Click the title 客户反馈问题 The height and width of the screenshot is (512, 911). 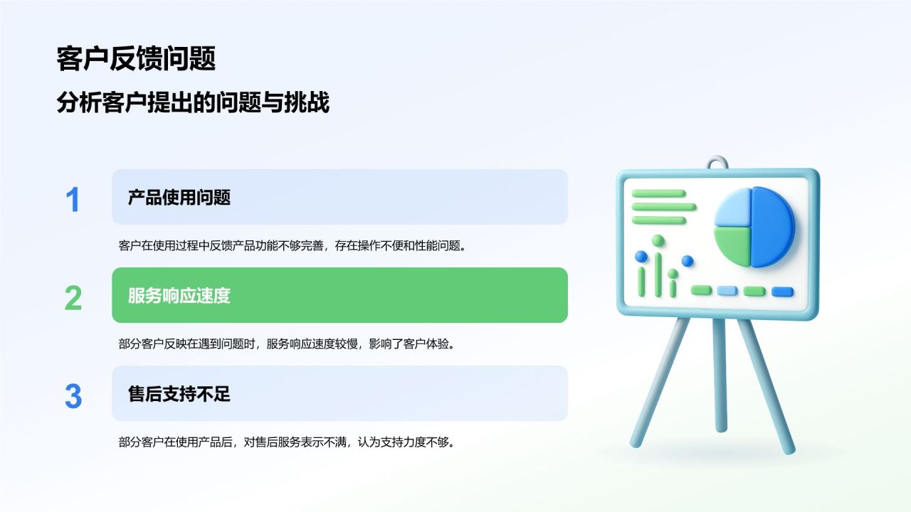(136, 59)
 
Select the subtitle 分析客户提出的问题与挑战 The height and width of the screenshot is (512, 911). (193, 102)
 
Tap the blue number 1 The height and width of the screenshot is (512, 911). (73, 200)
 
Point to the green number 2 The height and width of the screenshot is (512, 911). (73, 298)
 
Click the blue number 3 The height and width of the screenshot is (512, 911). (73, 396)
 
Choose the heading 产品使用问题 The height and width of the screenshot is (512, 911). (179, 198)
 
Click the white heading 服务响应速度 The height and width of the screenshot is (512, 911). (179, 295)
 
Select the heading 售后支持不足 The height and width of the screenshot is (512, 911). (179, 394)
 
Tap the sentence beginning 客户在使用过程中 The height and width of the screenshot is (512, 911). (293, 245)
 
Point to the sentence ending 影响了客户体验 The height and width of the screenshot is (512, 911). (287, 343)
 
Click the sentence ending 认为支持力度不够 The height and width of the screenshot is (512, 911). (287, 442)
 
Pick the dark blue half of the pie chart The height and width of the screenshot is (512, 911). (773, 227)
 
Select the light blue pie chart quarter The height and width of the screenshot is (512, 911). (733, 208)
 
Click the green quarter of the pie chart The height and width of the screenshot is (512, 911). (733, 246)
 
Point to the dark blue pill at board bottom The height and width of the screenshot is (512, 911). (782, 292)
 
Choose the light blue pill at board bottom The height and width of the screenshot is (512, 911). (727, 291)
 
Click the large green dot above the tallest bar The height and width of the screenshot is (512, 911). (658, 240)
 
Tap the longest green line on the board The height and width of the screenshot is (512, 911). (664, 207)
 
